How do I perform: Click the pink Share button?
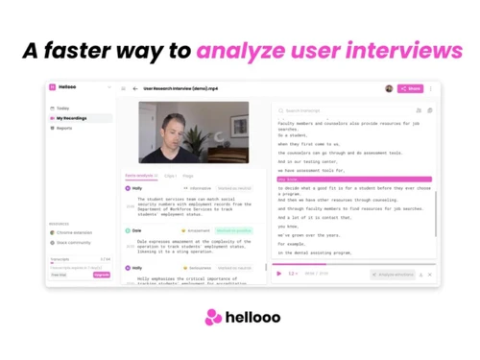click(410, 88)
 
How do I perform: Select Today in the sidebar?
click(63, 108)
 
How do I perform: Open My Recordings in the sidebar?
click(73, 118)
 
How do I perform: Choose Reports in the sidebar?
click(64, 128)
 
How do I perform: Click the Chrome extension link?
click(75, 233)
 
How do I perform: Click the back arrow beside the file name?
click(135, 88)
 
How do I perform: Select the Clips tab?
click(170, 176)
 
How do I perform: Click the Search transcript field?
click(326, 110)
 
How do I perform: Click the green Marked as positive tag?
click(233, 231)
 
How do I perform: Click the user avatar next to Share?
click(389, 88)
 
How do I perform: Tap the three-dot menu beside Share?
click(431, 88)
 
